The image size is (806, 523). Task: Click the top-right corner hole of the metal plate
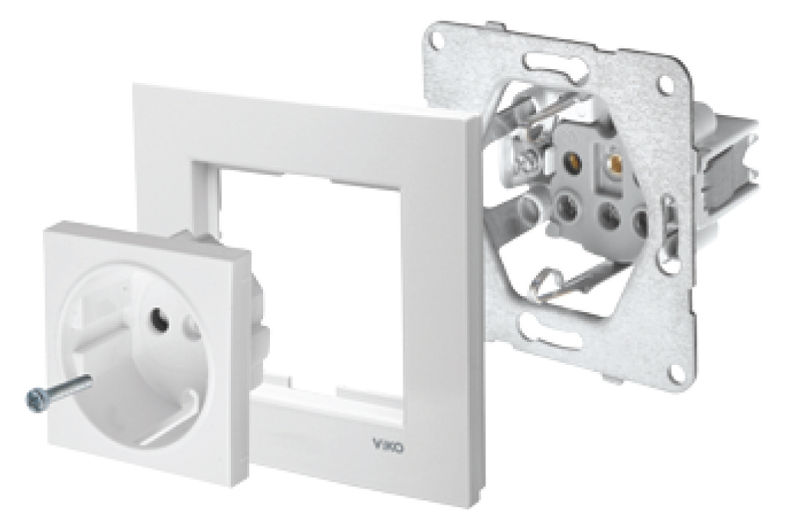click(666, 85)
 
